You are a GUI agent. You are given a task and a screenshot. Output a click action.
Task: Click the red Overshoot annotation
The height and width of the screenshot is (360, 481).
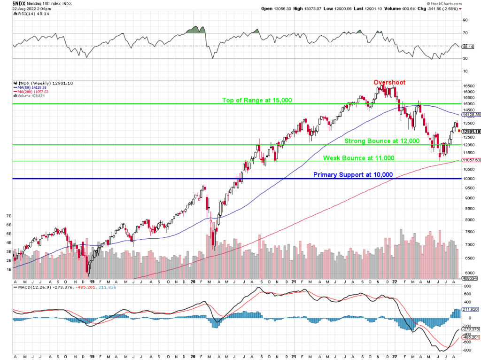(389, 83)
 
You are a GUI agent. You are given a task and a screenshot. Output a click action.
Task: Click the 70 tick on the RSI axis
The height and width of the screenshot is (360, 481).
(466, 33)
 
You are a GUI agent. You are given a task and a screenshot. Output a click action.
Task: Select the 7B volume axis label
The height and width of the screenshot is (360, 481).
(8, 216)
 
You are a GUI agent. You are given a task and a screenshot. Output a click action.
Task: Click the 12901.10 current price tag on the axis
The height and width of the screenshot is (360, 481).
(471, 132)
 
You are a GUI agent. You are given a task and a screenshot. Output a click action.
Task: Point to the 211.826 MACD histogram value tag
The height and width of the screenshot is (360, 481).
(470, 310)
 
